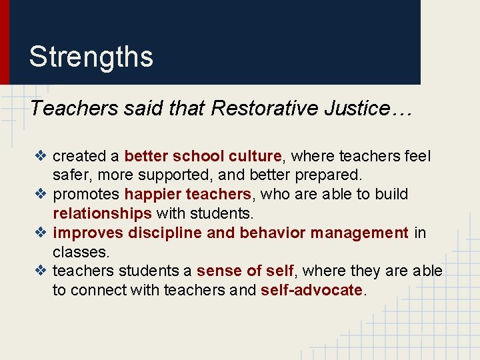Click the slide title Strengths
pos(91,57)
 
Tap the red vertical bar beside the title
pos(4,42)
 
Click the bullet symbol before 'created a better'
pos(41,156)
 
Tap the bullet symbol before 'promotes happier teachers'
pos(41,195)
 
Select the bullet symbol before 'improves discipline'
pos(41,233)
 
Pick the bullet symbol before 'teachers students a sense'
pos(41,271)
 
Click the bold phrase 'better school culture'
pos(203,156)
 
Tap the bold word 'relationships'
pos(102,213)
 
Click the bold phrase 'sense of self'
pos(245,271)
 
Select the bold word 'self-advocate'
pos(312,291)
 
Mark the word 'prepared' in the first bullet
pos(333,176)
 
